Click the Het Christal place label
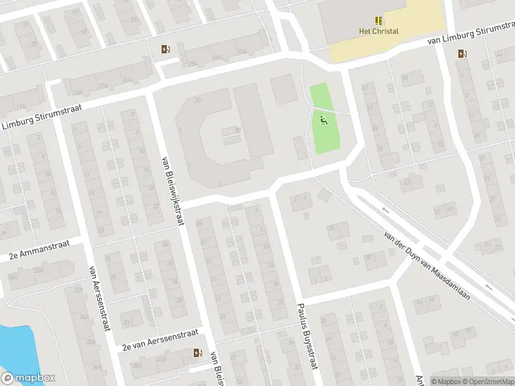point(379,31)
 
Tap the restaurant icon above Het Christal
point(379,20)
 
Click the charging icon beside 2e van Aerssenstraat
point(198,353)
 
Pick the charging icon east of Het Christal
point(462,54)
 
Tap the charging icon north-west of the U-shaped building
point(166,49)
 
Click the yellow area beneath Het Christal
point(386,48)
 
